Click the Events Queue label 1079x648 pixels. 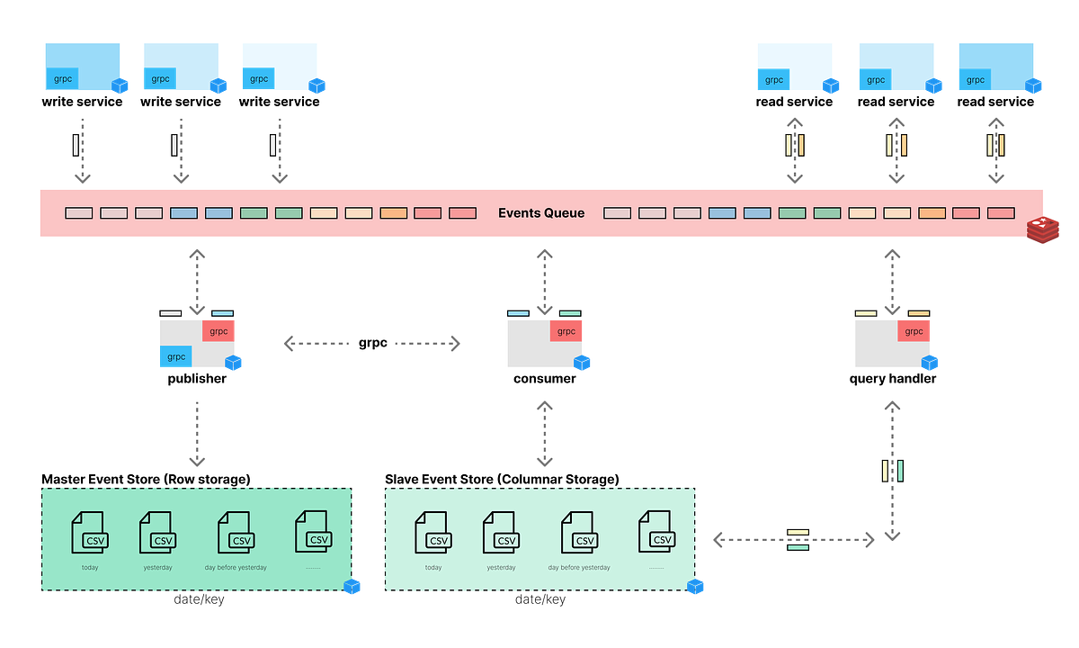pyautogui.click(x=541, y=213)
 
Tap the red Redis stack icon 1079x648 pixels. pyautogui.click(x=1043, y=229)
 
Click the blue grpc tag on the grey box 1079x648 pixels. pyautogui.click(x=175, y=357)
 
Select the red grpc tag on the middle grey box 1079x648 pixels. pyautogui.click(x=566, y=331)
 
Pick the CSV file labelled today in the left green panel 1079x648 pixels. pyautogui.click(x=89, y=533)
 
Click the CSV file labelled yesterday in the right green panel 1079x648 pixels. pyautogui.click(x=501, y=533)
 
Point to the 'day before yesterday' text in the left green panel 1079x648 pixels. pyautogui.click(x=236, y=568)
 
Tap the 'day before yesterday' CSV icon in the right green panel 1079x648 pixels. pyautogui.click(x=579, y=533)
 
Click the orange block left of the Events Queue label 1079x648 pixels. pyautogui.click(x=394, y=213)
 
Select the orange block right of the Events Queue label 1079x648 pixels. pyautogui.click(x=932, y=213)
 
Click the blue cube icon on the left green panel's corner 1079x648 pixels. pyautogui.click(x=352, y=588)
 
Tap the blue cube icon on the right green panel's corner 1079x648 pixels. pyautogui.click(x=696, y=588)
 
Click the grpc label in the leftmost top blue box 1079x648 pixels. pyautogui.click(x=63, y=79)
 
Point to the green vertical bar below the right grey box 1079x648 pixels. pyautogui.click(x=901, y=471)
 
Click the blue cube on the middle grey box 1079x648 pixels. pyautogui.click(x=583, y=364)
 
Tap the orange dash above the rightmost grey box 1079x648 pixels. pyautogui.click(x=918, y=313)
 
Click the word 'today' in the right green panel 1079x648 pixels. pyautogui.click(x=433, y=568)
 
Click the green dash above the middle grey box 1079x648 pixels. pyautogui.click(x=570, y=313)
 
